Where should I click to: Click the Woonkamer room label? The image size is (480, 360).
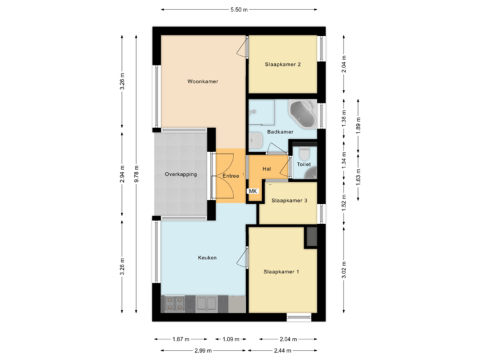(203, 81)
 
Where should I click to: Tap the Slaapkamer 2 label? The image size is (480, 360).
(282, 65)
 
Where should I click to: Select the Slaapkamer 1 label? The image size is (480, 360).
(281, 271)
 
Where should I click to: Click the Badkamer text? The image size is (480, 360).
(280, 132)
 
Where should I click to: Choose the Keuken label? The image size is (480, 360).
(207, 257)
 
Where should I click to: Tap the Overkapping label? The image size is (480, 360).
(181, 175)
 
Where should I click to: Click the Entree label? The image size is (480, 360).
(231, 176)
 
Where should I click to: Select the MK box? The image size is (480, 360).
(253, 191)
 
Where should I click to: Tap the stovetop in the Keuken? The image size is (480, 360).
(175, 303)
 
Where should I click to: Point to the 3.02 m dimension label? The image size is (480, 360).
(344, 270)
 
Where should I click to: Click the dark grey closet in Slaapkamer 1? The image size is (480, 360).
(311, 237)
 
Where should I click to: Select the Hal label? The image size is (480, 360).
(267, 169)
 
